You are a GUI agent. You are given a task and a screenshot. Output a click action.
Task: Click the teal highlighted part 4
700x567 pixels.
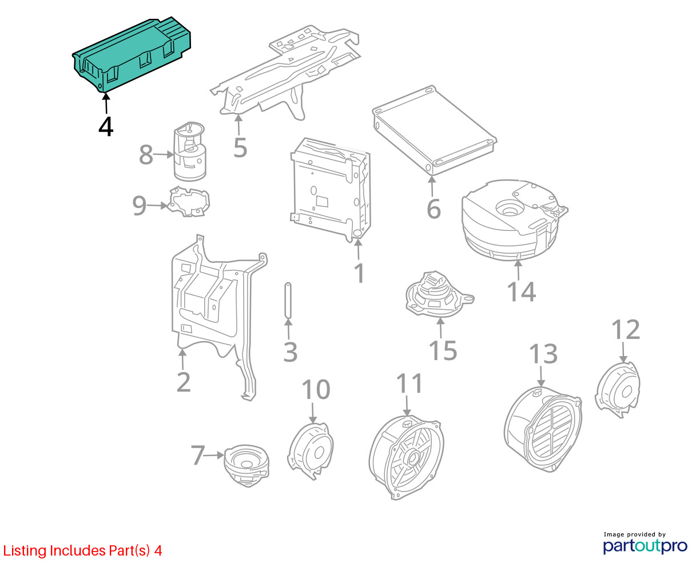point(132,54)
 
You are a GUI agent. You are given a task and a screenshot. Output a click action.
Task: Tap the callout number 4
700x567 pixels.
point(106,127)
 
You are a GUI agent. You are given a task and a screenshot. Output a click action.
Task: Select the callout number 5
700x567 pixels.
point(240,148)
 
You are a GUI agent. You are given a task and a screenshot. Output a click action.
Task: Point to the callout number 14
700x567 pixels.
point(521,292)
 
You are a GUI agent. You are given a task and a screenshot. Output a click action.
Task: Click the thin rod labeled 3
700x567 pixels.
point(288,300)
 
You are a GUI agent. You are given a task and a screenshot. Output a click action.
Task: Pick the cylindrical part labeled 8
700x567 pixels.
point(190,151)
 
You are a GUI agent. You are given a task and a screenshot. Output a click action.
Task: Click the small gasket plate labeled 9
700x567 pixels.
point(189,202)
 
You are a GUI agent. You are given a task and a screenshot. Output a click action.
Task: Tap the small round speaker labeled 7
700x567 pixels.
point(246,465)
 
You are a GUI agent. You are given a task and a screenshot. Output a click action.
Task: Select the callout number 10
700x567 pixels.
point(316,390)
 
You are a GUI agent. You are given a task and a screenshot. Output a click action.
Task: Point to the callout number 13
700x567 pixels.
point(543,354)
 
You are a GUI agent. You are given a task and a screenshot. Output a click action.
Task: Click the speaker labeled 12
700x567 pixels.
point(618,390)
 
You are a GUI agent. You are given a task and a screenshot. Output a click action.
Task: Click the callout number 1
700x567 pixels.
point(360,273)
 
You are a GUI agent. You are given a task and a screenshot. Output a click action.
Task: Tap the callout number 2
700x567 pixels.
point(184,382)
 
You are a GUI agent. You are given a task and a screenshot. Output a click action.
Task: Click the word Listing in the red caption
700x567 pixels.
point(25,551)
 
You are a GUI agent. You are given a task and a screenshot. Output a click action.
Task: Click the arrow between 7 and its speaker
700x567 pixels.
point(214,456)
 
